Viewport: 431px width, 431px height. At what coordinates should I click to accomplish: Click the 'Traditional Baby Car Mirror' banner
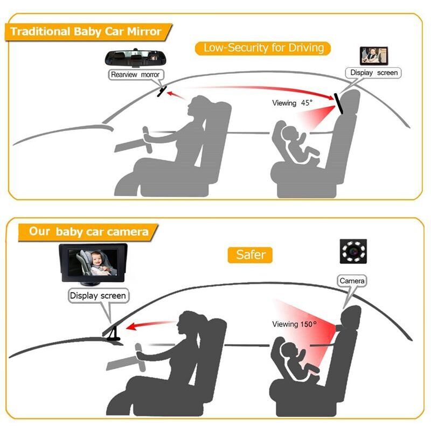86,31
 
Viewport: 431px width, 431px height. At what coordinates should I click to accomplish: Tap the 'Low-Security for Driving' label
263,47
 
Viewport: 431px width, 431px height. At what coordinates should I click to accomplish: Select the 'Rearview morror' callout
135,75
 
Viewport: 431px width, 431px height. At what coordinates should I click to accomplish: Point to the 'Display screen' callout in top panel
373,72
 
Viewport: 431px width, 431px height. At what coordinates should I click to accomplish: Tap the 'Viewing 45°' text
292,103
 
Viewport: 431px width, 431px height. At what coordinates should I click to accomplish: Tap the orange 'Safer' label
251,254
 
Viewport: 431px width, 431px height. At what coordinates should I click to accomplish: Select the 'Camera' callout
352,281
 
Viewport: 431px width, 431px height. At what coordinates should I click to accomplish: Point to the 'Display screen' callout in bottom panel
98,295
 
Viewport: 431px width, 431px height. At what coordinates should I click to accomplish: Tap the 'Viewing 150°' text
294,324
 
